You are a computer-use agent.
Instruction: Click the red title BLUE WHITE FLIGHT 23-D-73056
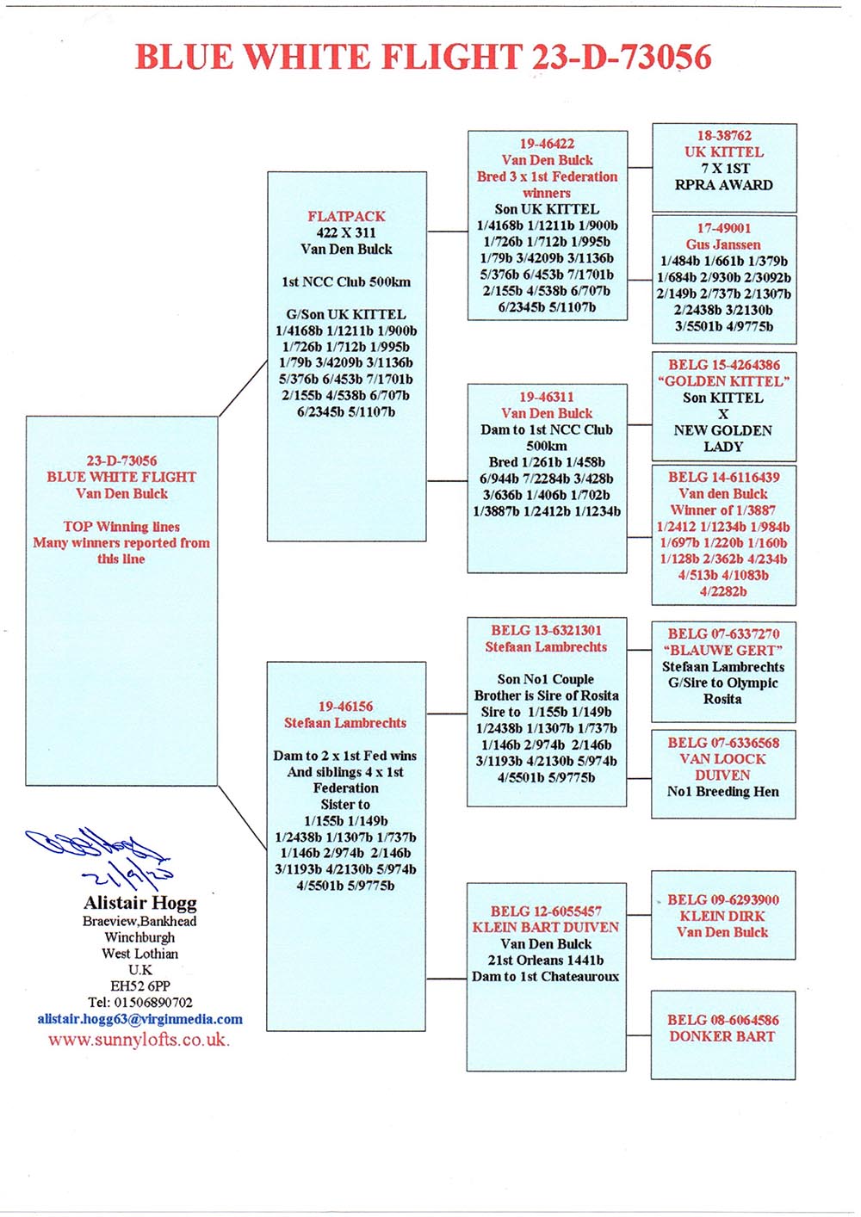pyautogui.click(x=423, y=57)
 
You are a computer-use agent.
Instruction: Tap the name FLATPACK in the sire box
pyautogui.click(x=346, y=217)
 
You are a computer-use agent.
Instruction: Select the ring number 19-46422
pyautogui.click(x=547, y=144)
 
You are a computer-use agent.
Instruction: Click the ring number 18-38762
pyautogui.click(x=724, y=136)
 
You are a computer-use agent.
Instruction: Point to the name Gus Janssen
pyautogui.click(x=723, y=244)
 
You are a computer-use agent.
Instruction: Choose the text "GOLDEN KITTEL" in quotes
pyautogui.click(x=723, y=381)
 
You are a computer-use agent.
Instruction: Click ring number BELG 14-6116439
pyautogui.click(x=723, y=478)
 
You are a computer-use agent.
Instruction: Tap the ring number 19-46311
pyautogui.click(x=546, y=397)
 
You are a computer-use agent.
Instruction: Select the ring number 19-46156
pyautogui.click(x=345, y=707)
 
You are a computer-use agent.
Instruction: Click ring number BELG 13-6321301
pyautogui.click(x=546, y=631)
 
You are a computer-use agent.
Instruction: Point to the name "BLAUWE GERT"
pyautogui.click(x=723, y=651)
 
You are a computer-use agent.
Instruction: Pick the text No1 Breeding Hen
pyautogui.click(x=723, y=792)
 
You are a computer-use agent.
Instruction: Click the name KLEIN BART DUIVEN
pyautogui.click(x=546, y=928)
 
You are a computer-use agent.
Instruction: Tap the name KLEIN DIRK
pyautogui.click(x=723, y=917)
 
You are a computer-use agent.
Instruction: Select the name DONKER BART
pyautogui.click(x=722, y=1037)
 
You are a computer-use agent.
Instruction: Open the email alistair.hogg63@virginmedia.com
pyautogui.click(x=139, y=1019)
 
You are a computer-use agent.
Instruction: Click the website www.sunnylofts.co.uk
pyautogui.click(x=139, y=1040)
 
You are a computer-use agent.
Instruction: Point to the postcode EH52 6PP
pyautogui.click(x=139, y=986)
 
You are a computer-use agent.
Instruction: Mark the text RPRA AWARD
pyautogui.click(x=724, y=185)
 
